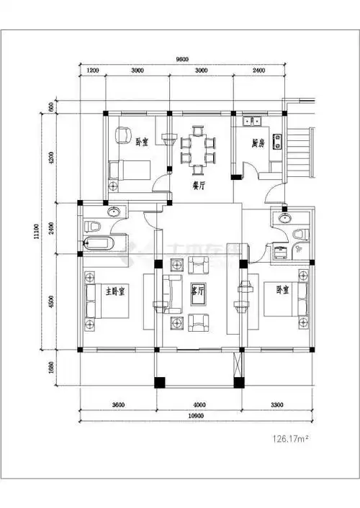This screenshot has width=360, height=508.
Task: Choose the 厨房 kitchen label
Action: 258,142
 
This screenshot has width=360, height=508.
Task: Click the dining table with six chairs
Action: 198,150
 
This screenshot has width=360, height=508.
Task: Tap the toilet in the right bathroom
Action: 302,234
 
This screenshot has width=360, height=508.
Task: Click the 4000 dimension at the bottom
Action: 197,404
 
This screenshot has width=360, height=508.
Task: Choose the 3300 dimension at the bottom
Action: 276,404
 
